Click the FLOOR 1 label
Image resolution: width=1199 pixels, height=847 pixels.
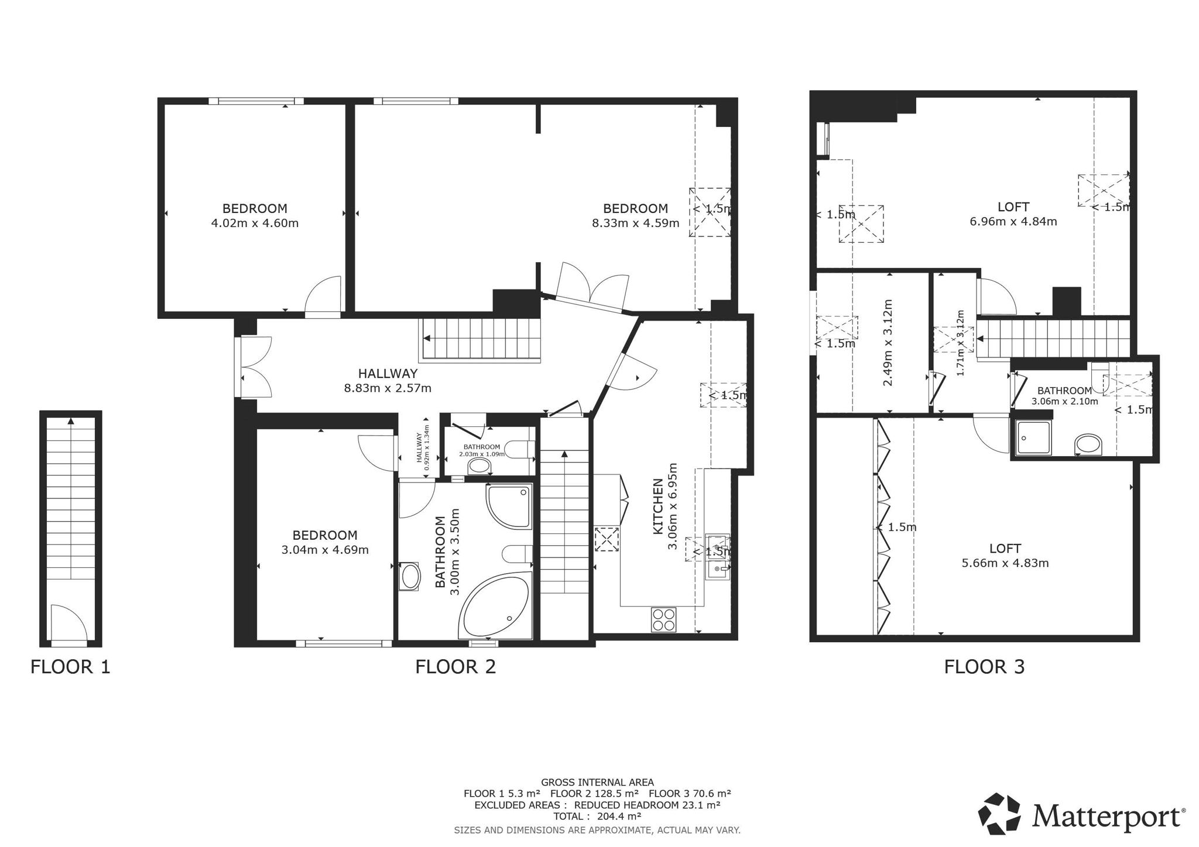click(70, 667)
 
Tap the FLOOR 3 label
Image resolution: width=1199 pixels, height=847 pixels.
click(984, 667)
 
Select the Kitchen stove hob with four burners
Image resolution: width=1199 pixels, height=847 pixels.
click(663, 619)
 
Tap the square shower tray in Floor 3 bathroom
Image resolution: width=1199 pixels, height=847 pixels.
click(1033, 438)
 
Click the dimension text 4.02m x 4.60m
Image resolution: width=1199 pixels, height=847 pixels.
click(255, 223)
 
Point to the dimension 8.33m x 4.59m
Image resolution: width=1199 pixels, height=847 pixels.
click(635, 223)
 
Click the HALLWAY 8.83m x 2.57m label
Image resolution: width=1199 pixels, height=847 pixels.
click(388, 380)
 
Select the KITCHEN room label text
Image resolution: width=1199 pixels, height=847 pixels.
click(657, 506)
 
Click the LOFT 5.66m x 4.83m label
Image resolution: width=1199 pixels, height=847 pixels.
click(1005, 556)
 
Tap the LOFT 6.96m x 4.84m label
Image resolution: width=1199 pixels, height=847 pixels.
click(1013, 214)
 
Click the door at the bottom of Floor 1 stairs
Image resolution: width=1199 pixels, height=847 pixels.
click(67, 625)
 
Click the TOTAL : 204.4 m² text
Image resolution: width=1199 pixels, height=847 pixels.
click(597, 817)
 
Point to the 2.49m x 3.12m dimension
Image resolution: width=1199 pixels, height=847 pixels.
click(888, 342)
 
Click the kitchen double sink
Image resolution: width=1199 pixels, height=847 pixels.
click(717, 556)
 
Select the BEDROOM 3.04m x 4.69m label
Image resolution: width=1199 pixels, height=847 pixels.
click(325, 542)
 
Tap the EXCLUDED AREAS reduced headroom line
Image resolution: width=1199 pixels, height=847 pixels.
click(597, 805)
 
